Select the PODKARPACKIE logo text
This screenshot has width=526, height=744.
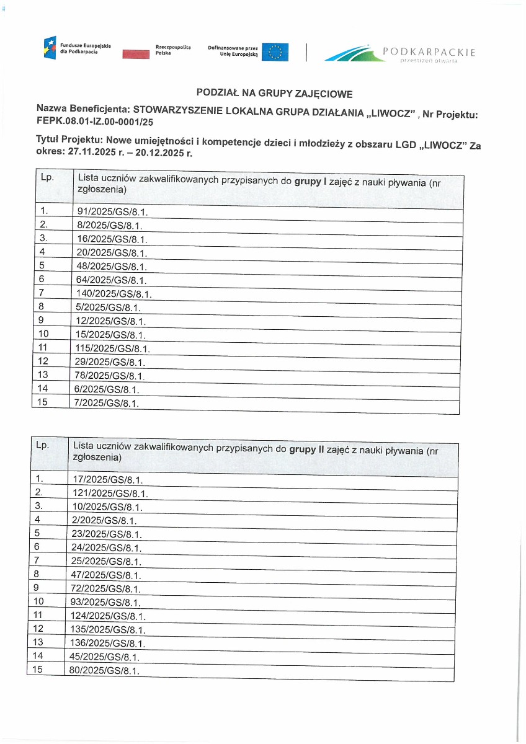(429, 52)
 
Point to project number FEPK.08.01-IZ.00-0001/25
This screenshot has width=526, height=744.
(94, 123)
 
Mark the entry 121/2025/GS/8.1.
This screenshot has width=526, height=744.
(110, 494)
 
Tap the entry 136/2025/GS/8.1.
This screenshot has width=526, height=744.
(109, 643)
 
